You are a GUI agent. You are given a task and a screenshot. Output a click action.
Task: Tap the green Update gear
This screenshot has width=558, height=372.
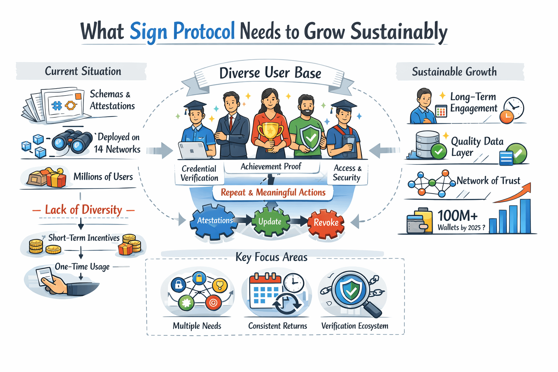pyautogui.click(x=270, y=222)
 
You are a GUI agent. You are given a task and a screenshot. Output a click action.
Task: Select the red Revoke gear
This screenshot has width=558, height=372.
pyautogui.click(x=326, y=223)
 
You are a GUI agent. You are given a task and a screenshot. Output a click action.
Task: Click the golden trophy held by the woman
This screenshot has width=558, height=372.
pyautogui.click(x=270, y=134)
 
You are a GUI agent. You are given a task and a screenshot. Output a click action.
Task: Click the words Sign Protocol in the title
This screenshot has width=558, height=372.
pyautogui.click(x=182, y=31)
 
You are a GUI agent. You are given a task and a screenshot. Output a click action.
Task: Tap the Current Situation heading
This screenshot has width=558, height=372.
pyautogui.click(x=83, y=71)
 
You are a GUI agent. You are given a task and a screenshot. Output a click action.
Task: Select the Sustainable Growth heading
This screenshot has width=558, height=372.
pyautogui.click(x=454, y=72)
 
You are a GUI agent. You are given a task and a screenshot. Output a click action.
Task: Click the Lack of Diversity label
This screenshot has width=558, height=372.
pyautogui.click(x=84, y=210)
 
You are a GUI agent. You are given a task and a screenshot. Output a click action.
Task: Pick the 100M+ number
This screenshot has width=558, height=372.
pyautogui.click(x=457, y=216)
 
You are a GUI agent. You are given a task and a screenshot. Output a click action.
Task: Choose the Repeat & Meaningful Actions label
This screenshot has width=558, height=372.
pyautogui.click(x=273, y=193)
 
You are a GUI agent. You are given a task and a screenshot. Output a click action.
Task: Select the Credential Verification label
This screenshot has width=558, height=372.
pyautogui.click(x=199, y=173)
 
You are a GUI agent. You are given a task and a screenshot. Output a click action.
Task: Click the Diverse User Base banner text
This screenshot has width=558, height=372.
pyautogui.click(x=270, y=73)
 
